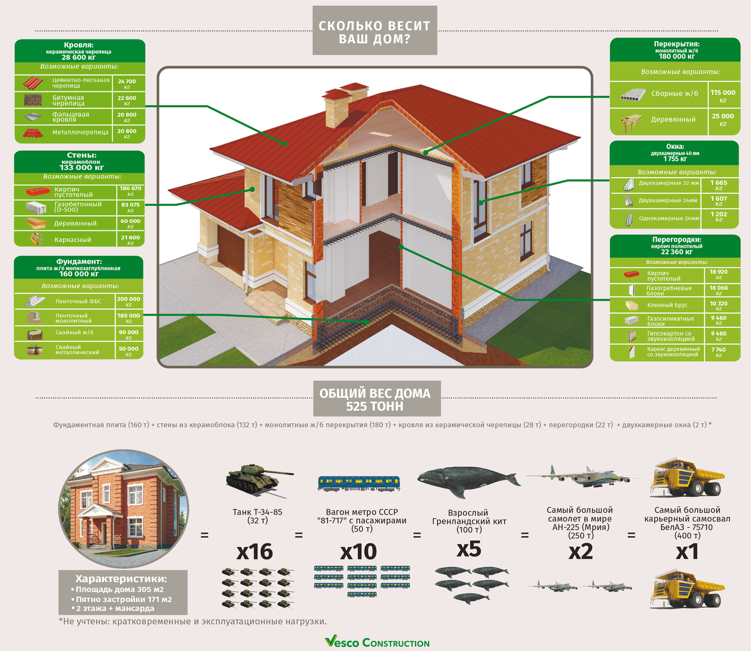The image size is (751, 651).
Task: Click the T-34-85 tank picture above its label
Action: click(x=258, y=479)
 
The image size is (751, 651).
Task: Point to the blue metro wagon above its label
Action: click(x=359, y=483)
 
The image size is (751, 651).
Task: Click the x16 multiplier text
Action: click(x=255, y=551)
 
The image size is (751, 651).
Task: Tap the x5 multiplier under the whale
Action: click(x=469, y=549)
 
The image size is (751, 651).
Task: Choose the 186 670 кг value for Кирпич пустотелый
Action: click(x=130, y=191)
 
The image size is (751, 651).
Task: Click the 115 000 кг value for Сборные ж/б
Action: click(x=723, y=95)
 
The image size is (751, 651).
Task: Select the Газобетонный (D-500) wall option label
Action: click(x=78, y=207)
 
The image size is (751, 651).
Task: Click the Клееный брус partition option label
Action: click(x=667, y=305)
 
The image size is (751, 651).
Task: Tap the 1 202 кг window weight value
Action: click(x=718, y=217)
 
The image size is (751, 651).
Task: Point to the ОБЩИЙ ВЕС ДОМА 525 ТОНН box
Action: click(x=375, y=399)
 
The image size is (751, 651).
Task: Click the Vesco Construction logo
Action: click(x=377, y=642)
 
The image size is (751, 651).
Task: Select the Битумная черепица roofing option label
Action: click(x=68, y=100)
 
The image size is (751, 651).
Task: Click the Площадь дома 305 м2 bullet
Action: click(x=119, y=590)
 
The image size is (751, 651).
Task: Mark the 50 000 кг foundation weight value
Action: click(x=128, y=351)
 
